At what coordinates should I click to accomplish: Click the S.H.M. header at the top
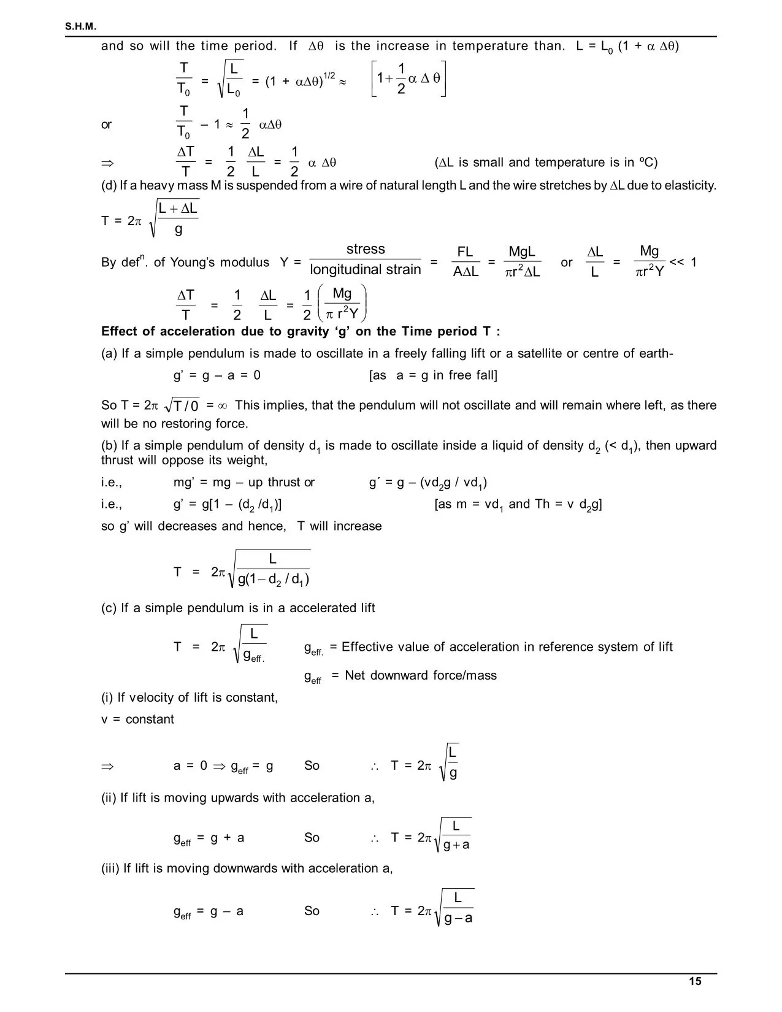81,27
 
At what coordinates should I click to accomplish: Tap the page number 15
695,981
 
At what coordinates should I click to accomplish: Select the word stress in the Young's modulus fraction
366,249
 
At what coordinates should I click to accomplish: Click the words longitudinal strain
366,270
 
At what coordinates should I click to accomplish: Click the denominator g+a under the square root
456,845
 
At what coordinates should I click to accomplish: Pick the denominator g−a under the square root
458,918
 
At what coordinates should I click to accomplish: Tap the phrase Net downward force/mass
421,675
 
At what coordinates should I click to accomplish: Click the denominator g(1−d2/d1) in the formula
274,579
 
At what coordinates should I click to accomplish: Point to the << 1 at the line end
683,263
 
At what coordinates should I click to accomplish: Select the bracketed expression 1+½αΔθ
408,79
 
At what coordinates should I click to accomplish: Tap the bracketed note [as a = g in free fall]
433,375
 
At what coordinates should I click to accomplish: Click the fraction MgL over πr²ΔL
522,262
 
